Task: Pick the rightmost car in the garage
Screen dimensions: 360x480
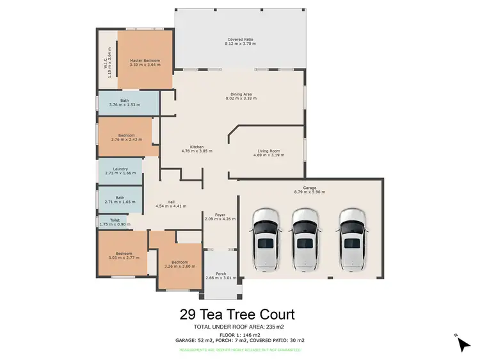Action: click(352, 238)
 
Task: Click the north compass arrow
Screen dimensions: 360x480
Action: click(463, 343)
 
